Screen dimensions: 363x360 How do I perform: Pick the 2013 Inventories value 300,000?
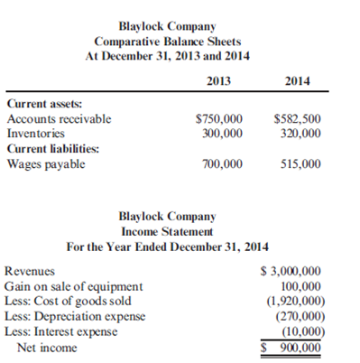point(222,133)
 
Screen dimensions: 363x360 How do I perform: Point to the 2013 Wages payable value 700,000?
point(222,163)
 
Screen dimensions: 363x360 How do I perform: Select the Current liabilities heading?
point(51,148)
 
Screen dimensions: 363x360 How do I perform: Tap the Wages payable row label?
point(45,163)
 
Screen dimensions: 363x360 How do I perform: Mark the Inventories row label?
point(34,133)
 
